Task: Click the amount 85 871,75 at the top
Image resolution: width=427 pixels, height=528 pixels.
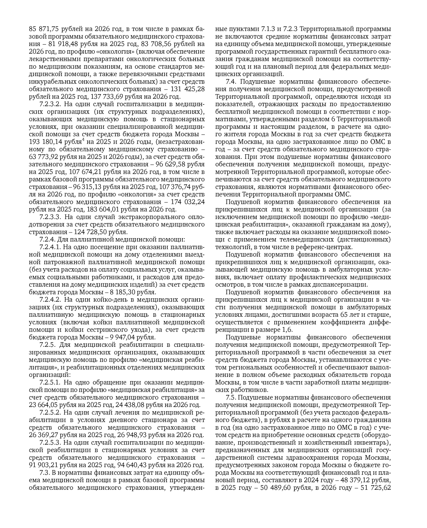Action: click(x=43, y=29)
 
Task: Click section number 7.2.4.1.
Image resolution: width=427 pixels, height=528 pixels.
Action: click(x=50, y=247)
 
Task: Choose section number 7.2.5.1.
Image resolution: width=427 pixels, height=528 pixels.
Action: click(x=50, y=382)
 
